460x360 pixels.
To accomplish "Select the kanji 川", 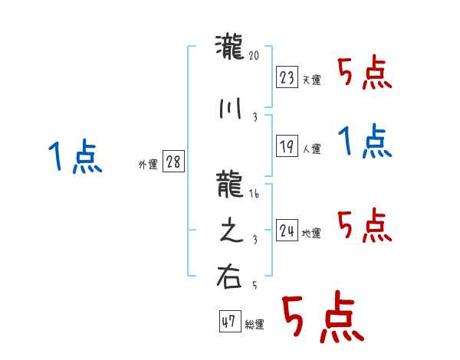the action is coord(230,109).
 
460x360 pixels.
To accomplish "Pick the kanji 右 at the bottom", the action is coord(230,277).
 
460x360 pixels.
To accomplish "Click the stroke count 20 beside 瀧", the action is coord(255,56).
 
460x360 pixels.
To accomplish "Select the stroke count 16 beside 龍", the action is coord(255,195).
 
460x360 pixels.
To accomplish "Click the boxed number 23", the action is coord(287,77).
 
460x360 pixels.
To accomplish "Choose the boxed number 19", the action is coord(287,146).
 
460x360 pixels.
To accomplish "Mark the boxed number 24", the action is coord(287,231).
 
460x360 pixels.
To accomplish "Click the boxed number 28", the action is coord(173,162).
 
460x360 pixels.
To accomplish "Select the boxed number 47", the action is coord(228,322).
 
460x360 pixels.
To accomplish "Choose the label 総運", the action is coord(254,325).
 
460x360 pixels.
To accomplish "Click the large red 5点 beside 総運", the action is coord(322,319).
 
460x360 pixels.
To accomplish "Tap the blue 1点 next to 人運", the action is coord(364,142).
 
